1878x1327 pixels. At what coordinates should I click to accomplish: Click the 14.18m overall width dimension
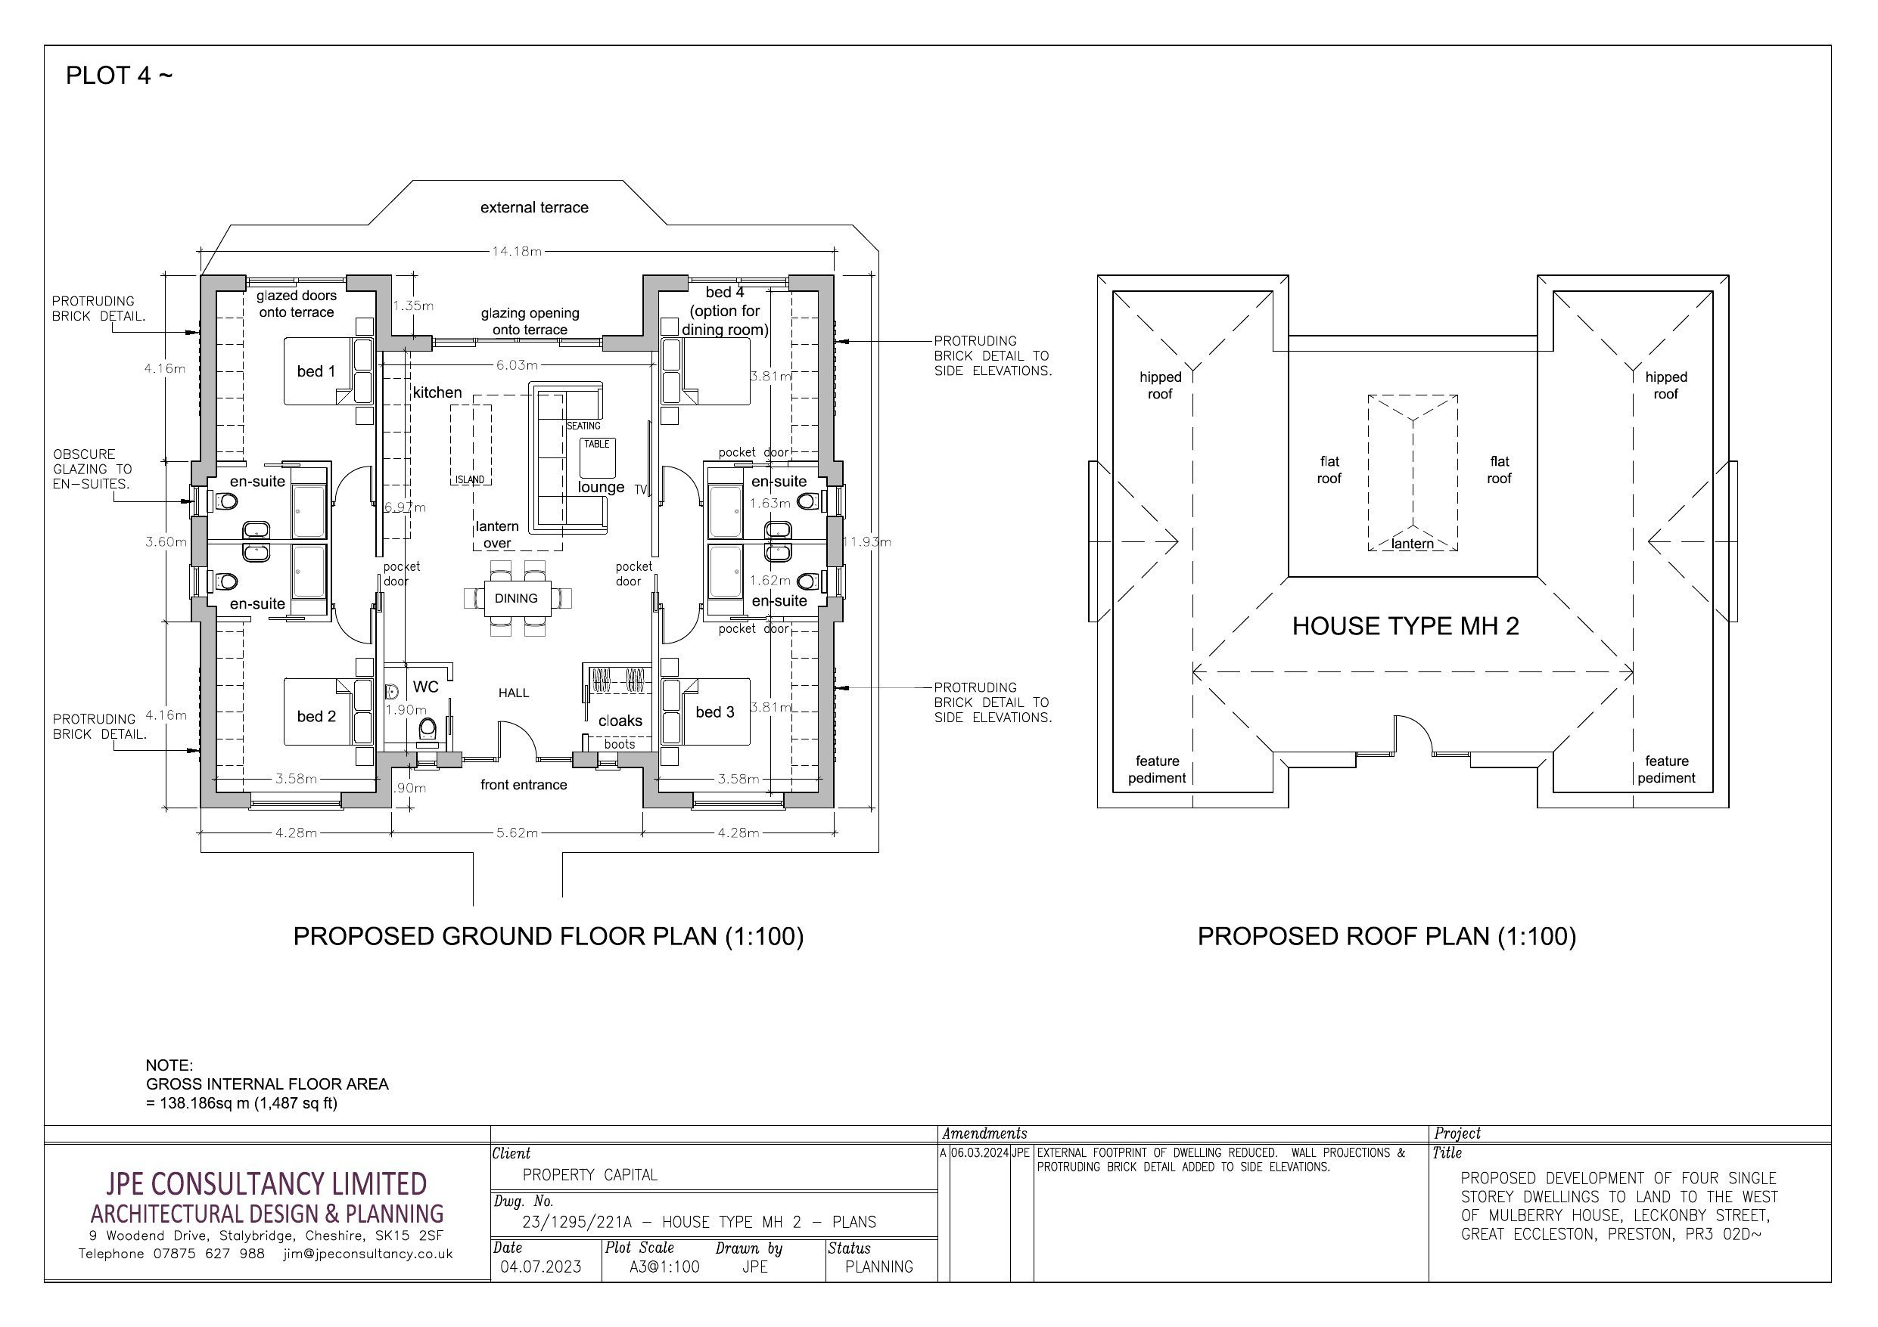pos(517,251)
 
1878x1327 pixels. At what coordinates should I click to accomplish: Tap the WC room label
pos(425,687)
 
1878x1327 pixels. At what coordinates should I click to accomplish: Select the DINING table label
pos(516,599)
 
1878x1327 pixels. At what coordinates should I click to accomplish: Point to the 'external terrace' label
pos(534,208)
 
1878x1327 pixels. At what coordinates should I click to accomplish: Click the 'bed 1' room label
pos(316,371)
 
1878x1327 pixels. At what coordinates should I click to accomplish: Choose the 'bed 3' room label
pos(715,712)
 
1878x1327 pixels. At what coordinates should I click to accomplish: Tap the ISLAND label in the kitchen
pos(471,480)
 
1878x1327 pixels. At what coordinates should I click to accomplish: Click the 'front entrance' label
pos(524,785)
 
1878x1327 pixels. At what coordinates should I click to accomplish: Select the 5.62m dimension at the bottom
pos(517,833)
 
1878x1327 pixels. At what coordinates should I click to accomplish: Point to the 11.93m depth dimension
pos(867,541)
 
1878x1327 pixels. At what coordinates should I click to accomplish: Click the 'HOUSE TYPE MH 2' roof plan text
pos(1405,626)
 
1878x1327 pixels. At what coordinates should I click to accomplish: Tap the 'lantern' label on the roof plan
pos(1413,544)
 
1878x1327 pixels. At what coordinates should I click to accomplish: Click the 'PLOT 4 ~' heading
pos(120,76)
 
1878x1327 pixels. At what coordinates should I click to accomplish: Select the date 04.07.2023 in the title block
pos(541,1267)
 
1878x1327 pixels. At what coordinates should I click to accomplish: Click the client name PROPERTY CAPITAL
pos(589,1175)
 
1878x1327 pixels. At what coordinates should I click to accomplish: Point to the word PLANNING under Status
pos(879,1267)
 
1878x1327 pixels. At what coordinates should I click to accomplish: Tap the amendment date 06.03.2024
pos(980,1153)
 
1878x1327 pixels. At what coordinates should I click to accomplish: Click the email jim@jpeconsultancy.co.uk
pos(368,1254)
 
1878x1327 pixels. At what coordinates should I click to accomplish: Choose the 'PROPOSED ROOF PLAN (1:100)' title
pos(1386,936)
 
